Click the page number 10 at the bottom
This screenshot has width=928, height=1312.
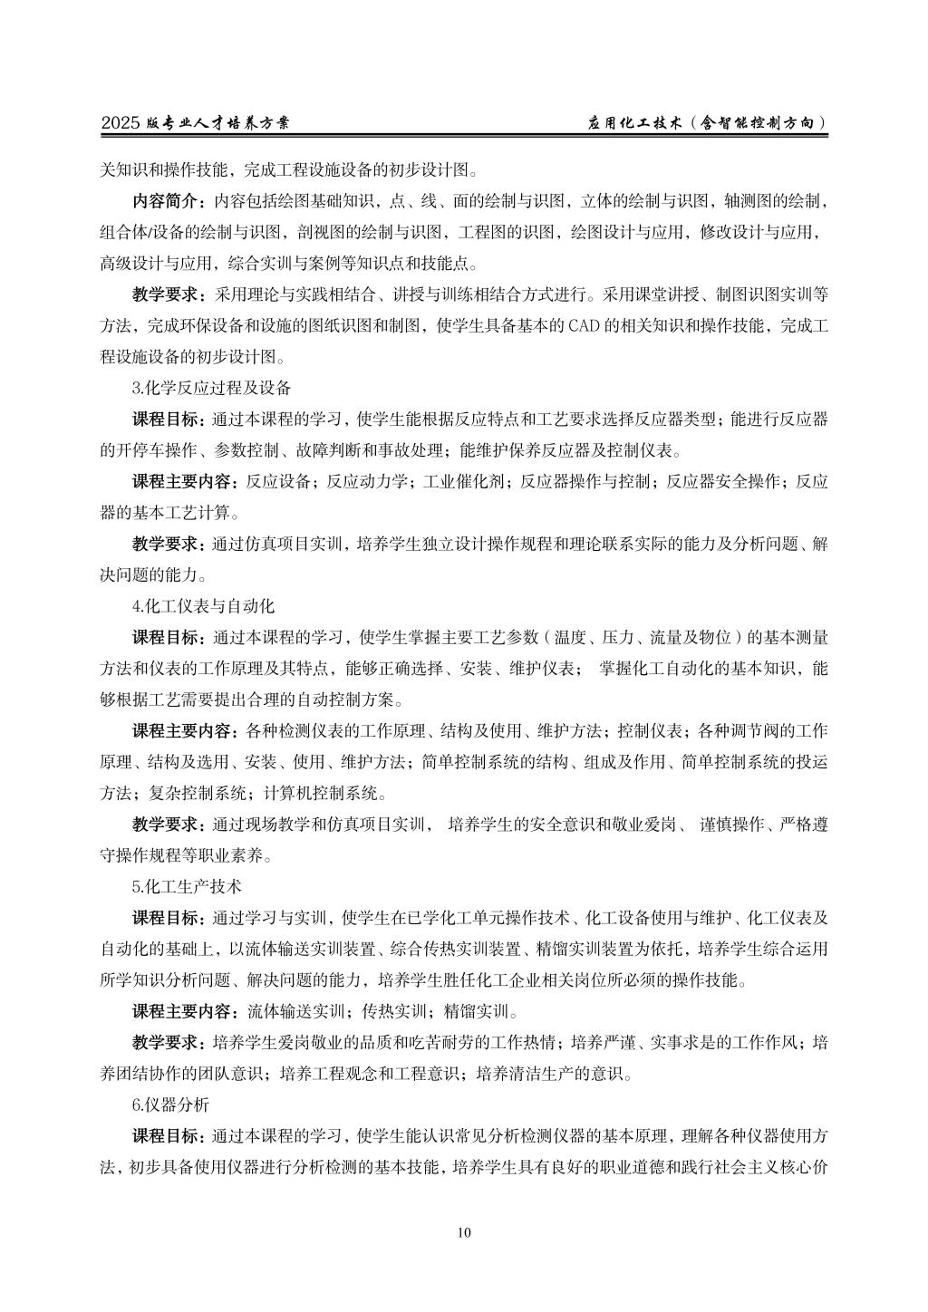464,1232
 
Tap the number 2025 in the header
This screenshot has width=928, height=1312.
121,123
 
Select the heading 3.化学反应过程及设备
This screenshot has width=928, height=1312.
212,388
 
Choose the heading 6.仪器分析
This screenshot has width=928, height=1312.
170,1105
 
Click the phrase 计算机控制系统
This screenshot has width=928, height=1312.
321,793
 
